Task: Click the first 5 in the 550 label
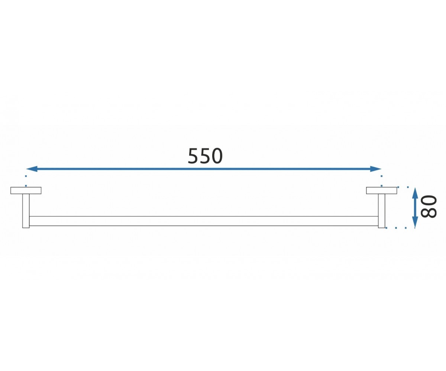pyautogui.click(x=193, y=156)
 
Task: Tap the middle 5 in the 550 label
pyautogui.click(x=205, y=156)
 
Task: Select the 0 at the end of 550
pyautogui.click(x=217, y=156)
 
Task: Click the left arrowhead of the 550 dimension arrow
pyautogui.click(x=32, y=169)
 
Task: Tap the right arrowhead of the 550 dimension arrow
pyautogui.click(x=376, y=169)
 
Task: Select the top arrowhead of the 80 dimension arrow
pyautogui.click(x=415, y=193)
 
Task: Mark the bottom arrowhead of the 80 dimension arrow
pyautogui.click(x=415, y=222)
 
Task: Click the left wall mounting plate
pyautogui.click(x=26, y=190)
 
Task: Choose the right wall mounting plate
pyautogui.click(x=381, y=190)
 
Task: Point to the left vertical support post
pyautogui.click(x=26, y=211)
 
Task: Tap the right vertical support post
pyautogui.click(x=381, y=211)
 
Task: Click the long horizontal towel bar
pyautogui.click(x=204, y=221)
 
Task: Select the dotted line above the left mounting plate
pyautogui.click(x=26, y=181)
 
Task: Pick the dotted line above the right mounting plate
pyautogui.click(x=381, y=181)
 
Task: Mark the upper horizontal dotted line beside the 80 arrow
pyautogui.click(x=403, y=187)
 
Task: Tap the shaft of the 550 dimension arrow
pyautogui.click(x=204, y=169)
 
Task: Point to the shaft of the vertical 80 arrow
pyautogui.click(x=415, y=208)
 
